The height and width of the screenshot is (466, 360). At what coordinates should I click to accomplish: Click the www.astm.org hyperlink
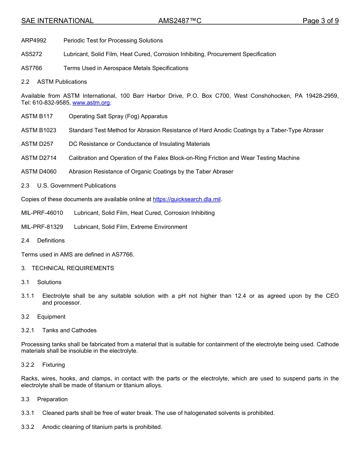click(91, 103)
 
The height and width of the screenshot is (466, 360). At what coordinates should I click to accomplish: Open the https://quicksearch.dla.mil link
click(186, 199)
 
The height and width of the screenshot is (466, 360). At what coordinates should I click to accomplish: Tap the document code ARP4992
click(34, 41)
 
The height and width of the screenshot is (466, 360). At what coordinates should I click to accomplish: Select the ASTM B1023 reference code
click(39, 130)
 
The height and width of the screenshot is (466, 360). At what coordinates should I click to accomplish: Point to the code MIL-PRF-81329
click(42, 227)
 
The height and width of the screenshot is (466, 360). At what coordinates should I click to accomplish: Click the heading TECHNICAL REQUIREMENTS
click(73, 268)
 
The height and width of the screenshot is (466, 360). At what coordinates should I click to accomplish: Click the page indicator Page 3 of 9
click(320, 21)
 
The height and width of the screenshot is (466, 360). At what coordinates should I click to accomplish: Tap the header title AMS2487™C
click(180, 21)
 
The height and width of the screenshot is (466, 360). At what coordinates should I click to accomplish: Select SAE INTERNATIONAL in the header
click(57, 21)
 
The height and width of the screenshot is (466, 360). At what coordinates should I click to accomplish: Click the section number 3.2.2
click(28, 365)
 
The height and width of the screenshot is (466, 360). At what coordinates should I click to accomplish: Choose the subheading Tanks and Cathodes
click(69, 330)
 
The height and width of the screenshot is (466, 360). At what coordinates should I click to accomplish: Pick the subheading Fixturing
click(53, 365)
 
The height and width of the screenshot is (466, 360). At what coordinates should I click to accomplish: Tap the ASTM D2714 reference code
click(39, 158)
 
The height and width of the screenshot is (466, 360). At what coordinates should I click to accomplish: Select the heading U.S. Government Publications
click(77, 186)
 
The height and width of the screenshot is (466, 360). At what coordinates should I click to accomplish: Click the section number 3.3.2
click(28, 427)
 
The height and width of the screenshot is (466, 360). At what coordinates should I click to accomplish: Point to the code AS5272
click(31, 54)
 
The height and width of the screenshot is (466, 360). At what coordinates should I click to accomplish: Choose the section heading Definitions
click(51, 241)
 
